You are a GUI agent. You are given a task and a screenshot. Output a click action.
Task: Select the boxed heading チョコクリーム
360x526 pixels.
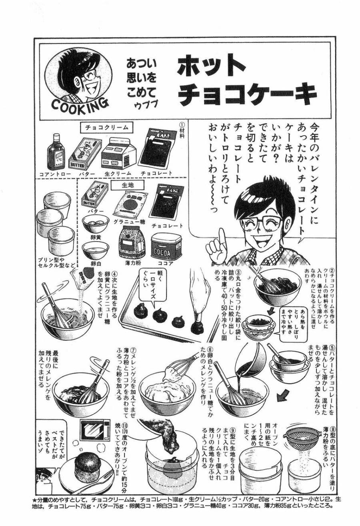[106, 127]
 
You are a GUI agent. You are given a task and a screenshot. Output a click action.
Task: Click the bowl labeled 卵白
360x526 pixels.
[95, 250]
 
